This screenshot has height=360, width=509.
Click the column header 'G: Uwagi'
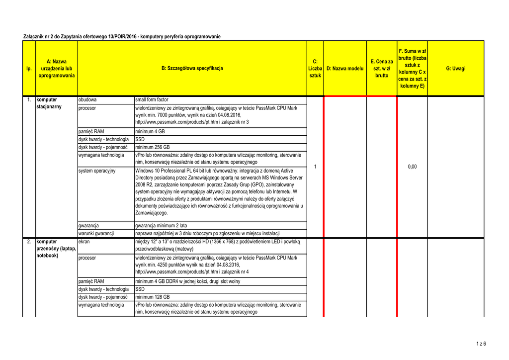click(x=455, y=68)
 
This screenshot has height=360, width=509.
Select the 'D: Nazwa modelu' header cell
click(x=345, y=68)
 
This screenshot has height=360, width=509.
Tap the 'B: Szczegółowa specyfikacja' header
click(x=192, y=68)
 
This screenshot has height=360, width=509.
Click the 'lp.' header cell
click(x=29, y=68)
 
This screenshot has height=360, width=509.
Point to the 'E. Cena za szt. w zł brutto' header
click(x=382, y=68)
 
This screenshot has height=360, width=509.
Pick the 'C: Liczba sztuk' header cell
click(x=315, y=68)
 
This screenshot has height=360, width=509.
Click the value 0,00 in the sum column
click(x=412, y=167)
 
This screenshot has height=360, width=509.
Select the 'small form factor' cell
click(x=152, y=99)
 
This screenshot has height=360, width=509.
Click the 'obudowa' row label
click(x=87, y=99)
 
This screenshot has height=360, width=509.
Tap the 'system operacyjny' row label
click(x=97, y=171)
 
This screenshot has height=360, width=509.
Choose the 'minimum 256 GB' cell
click(x=153, y=147)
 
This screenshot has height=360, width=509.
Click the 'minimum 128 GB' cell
click(x=153, y=297)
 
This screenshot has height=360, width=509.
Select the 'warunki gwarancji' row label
click(x=96, y=233)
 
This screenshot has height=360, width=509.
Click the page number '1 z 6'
click(x=481, y=344)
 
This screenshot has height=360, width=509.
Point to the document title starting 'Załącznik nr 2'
click(x=122, y=37)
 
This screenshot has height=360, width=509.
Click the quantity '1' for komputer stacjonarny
click(x=315, y=167)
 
